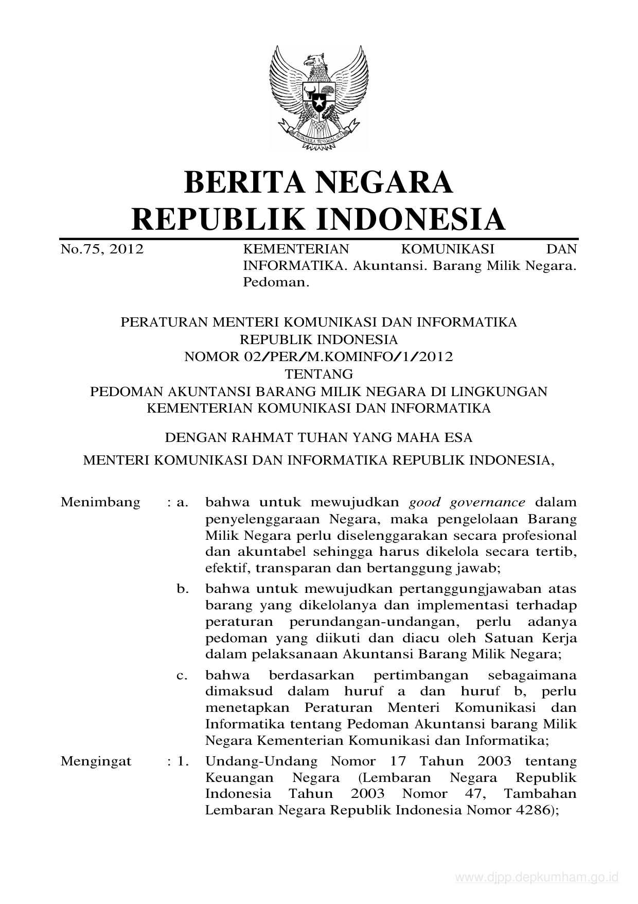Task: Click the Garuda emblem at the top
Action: click(x=318, y=97)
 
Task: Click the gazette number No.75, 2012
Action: click(x=101, y=250)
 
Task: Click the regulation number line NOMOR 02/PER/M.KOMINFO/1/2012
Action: click(x=318, y=356)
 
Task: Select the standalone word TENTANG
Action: click(x=319, y=373)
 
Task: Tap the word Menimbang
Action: click(x=100, y=502)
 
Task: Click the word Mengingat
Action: click(x=96, y=761)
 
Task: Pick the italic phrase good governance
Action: click(x=467, y=502)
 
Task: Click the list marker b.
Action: click(x=182, y=589)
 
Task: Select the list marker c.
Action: click(x=182, y=675)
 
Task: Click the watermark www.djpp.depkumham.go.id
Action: click(x=537, y=878)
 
